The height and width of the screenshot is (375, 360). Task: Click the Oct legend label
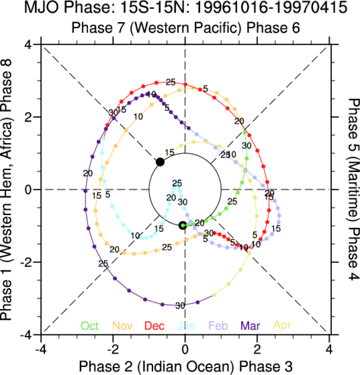89,326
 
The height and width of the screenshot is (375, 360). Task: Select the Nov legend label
123,326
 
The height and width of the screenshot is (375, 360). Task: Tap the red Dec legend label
155,326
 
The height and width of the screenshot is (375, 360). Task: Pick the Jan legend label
187,326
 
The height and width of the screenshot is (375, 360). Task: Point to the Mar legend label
251,326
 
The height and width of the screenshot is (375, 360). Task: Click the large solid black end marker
160,162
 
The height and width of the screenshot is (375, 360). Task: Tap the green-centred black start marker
183,226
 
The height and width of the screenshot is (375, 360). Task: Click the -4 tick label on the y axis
27,335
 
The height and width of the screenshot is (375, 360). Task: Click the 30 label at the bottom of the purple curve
180,306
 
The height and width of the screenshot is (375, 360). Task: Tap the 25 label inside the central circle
177,184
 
